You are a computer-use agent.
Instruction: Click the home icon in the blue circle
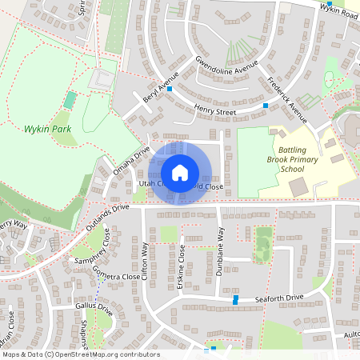coord(180,173)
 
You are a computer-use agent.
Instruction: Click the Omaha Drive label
coord(131,161)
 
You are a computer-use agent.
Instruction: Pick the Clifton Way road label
coord(145,264)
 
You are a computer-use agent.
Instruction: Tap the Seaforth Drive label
coord(279,298)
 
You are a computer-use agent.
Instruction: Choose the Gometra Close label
coord(115,277)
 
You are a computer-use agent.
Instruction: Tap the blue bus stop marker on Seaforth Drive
coord(235,299)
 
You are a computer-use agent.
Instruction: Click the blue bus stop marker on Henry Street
coord(266,106)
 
